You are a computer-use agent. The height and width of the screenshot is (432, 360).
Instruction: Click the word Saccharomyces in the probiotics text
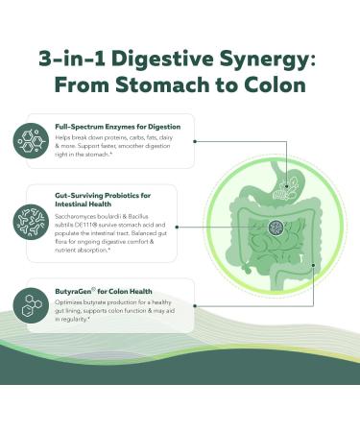[84, 216]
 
